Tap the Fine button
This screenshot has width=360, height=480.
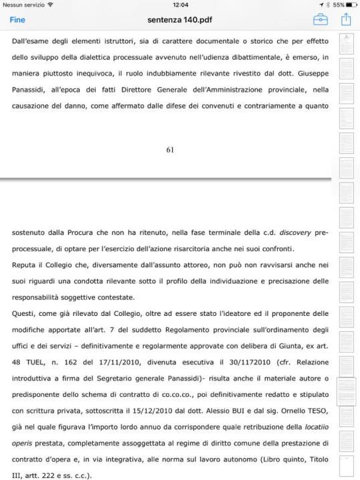tap(17, 20)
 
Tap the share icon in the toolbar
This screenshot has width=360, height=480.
tap(346, 19)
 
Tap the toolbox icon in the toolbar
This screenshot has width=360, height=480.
tap(321, 20)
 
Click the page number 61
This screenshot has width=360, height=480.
tap(170, 149)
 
